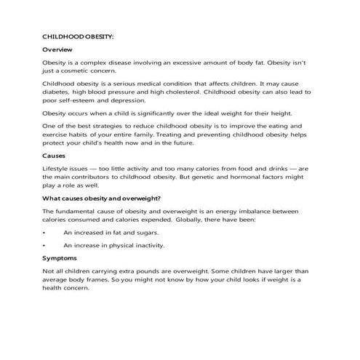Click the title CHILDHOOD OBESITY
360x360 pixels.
[78, 35]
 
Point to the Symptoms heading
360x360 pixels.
[60, 258]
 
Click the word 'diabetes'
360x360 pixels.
[57, 92]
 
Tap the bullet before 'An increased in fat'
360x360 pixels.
[44, 233]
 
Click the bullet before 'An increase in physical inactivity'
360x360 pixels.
[44, 245]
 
